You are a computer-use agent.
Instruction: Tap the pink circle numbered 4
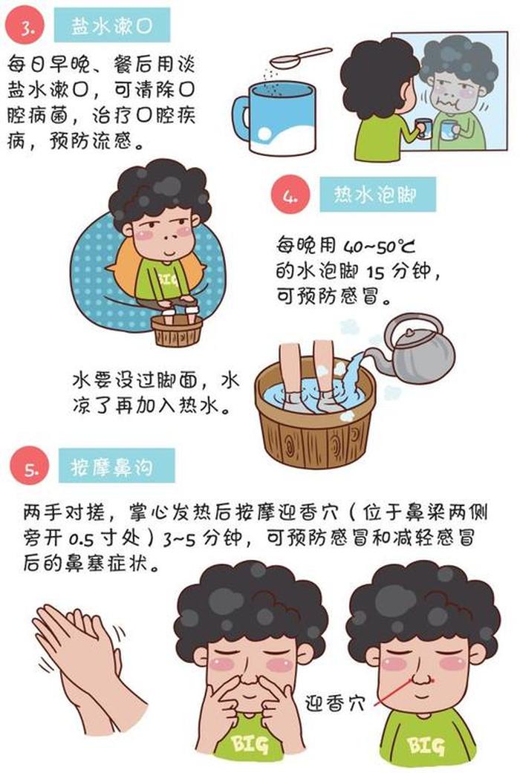click(290, 195)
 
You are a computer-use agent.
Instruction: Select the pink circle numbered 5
click(30, 466)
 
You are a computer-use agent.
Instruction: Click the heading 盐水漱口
click(112, 25)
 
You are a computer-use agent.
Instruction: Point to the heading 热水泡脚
click(377, 195)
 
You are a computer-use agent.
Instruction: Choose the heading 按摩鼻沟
click(117, 466)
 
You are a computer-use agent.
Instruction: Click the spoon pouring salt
click(300, 57)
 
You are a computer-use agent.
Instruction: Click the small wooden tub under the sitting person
click(177, 330)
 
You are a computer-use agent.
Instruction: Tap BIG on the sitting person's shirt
click(169, 281)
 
